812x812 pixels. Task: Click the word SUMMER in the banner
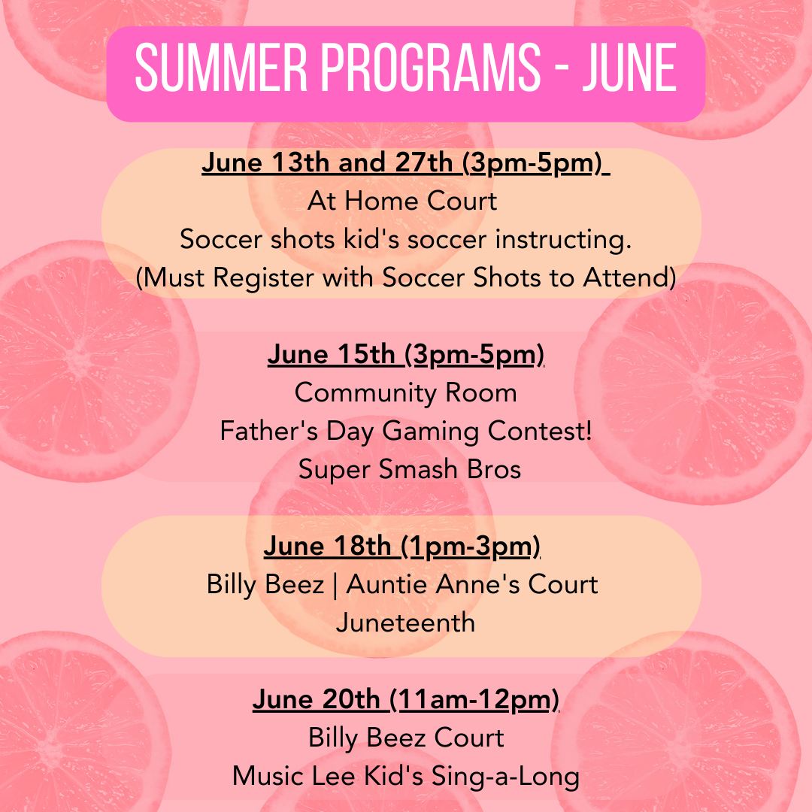pos(221,68)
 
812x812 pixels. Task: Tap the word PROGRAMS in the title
pos(431,68)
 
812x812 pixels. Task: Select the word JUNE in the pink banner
pos(629,68)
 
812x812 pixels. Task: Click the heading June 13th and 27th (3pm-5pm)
pos(405,163)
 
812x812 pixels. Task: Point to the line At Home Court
pos(402,201)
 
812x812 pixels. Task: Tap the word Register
pos(263,278)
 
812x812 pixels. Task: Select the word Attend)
pos(630,277)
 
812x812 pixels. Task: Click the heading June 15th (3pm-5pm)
pos(405,355)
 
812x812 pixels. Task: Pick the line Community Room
pos(405,393)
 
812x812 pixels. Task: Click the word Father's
pos(268,431)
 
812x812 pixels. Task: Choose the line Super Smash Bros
pos(410,469)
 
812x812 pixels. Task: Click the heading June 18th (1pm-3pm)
pos(401,547)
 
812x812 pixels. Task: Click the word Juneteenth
pos(405,623)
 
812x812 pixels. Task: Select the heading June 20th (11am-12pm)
pos(405,700)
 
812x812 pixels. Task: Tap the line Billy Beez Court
pos(406,738)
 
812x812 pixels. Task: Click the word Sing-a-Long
pos(505,777)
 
